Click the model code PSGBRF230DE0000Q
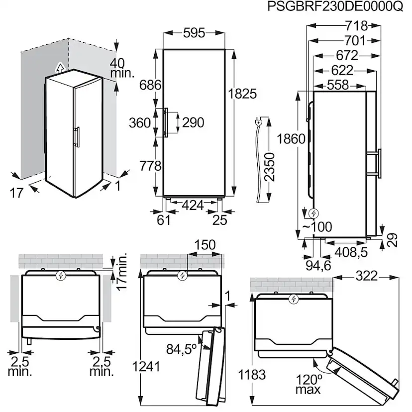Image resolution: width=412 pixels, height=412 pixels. coord(335,7)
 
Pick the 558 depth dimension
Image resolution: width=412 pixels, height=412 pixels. coord(338,85)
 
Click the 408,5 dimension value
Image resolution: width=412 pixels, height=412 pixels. coord(351,252)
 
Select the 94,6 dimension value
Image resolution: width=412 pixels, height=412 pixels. coord(319,265)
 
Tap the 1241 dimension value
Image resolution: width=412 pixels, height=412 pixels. coord(147,367)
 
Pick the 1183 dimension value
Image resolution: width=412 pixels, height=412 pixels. coord(252,374)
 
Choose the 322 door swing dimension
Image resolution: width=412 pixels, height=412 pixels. coord(367,276)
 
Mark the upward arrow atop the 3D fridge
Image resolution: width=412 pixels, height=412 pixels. coord(60,68)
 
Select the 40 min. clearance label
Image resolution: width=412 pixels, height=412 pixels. coord(122,68)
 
